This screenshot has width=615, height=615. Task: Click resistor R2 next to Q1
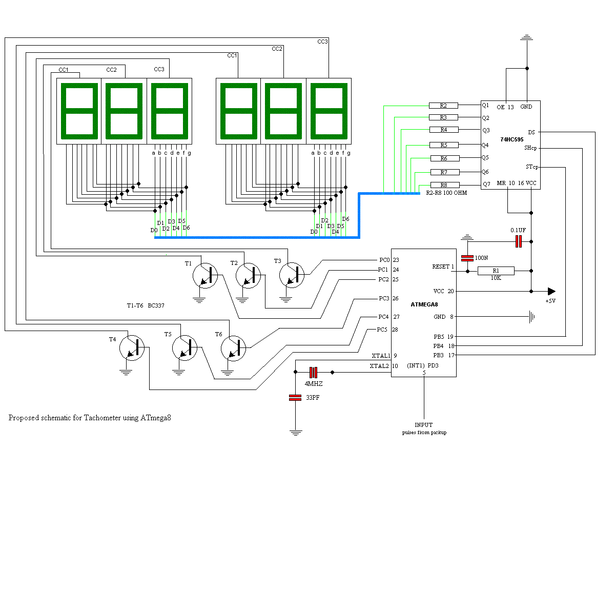[443, 106]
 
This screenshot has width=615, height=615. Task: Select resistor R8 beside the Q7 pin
[445, 185]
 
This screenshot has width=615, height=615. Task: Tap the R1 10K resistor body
[496, 271]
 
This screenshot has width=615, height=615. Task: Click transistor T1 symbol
[205, 275]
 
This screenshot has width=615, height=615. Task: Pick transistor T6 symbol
[233, 348]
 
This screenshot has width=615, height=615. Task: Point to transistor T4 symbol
[132, 348]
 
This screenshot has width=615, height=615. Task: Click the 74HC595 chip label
[511, 139]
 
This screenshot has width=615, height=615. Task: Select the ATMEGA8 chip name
[424, 304]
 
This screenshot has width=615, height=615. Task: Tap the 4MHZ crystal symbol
[314, 372]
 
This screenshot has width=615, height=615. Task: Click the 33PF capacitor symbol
[295, 398]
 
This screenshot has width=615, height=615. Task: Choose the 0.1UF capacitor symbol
[519, 241]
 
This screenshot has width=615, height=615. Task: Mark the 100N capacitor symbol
[467, 258]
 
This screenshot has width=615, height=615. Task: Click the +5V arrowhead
[551, 291]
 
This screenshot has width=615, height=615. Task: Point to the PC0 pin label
[384, 260]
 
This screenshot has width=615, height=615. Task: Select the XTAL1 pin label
[381, 356]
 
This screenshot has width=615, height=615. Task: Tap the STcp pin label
[532, 167]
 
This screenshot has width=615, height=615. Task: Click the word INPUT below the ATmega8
[423, 425]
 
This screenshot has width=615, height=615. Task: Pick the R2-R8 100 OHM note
[446, 193]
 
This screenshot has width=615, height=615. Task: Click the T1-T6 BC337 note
[146, 305]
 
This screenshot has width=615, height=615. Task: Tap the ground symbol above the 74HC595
[527, 37]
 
